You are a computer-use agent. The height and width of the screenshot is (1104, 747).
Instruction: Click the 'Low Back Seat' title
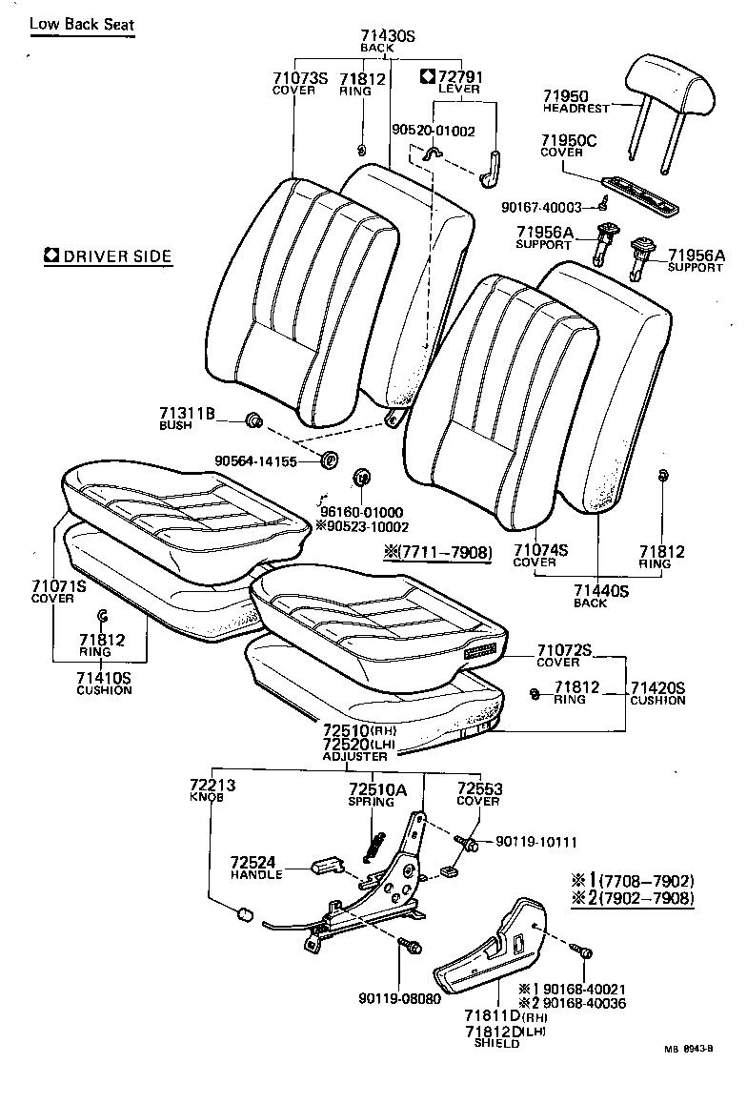pos(82,24)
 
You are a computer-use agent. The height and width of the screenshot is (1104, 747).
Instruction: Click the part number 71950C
pos(570,141)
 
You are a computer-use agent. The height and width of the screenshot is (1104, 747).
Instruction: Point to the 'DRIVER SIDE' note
pos(108,256)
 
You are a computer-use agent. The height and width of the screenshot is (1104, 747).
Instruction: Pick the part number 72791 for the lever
pos(460,75)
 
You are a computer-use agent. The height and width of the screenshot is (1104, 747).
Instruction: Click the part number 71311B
pos(188,413)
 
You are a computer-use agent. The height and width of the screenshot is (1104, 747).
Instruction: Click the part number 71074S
pos(540,550)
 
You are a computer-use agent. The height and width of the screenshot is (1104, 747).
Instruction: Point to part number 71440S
pos(601,590)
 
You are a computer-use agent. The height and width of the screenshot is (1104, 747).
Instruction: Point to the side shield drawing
pos(494,952)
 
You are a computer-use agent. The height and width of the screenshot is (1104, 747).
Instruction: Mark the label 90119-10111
pos(536,842)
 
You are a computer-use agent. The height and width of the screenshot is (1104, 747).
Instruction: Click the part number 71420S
pos(656,687)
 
